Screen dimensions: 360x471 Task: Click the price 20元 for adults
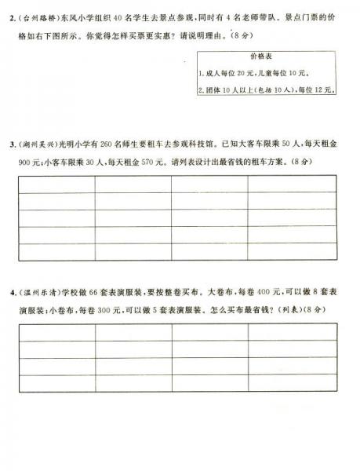pos(248,73)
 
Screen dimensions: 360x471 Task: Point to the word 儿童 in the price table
pos(269,73)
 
